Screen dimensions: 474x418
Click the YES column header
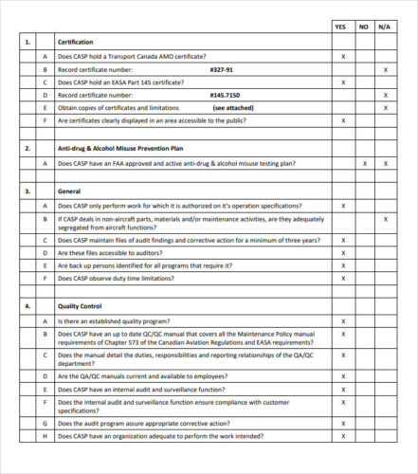(342, 27)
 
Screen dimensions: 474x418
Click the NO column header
(364, 27)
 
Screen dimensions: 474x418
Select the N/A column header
(385, 27)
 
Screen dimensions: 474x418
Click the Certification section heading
(76, 43)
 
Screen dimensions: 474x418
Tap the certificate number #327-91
(221, 70)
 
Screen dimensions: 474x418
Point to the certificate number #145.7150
(225, 96)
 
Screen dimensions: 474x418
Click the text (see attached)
(232, 108)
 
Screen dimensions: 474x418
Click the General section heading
(69, 191)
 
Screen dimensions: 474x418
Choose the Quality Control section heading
(81, 306)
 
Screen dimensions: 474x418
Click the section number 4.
(27, 306)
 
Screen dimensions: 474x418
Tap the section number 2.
(27, 149)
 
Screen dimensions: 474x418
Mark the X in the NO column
(364, 163)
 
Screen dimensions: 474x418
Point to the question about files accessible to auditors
(116, 253)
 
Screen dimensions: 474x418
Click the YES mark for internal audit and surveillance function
(342, 390)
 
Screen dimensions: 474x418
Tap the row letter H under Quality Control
(44, 437)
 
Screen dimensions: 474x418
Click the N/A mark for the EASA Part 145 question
(385, 83)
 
